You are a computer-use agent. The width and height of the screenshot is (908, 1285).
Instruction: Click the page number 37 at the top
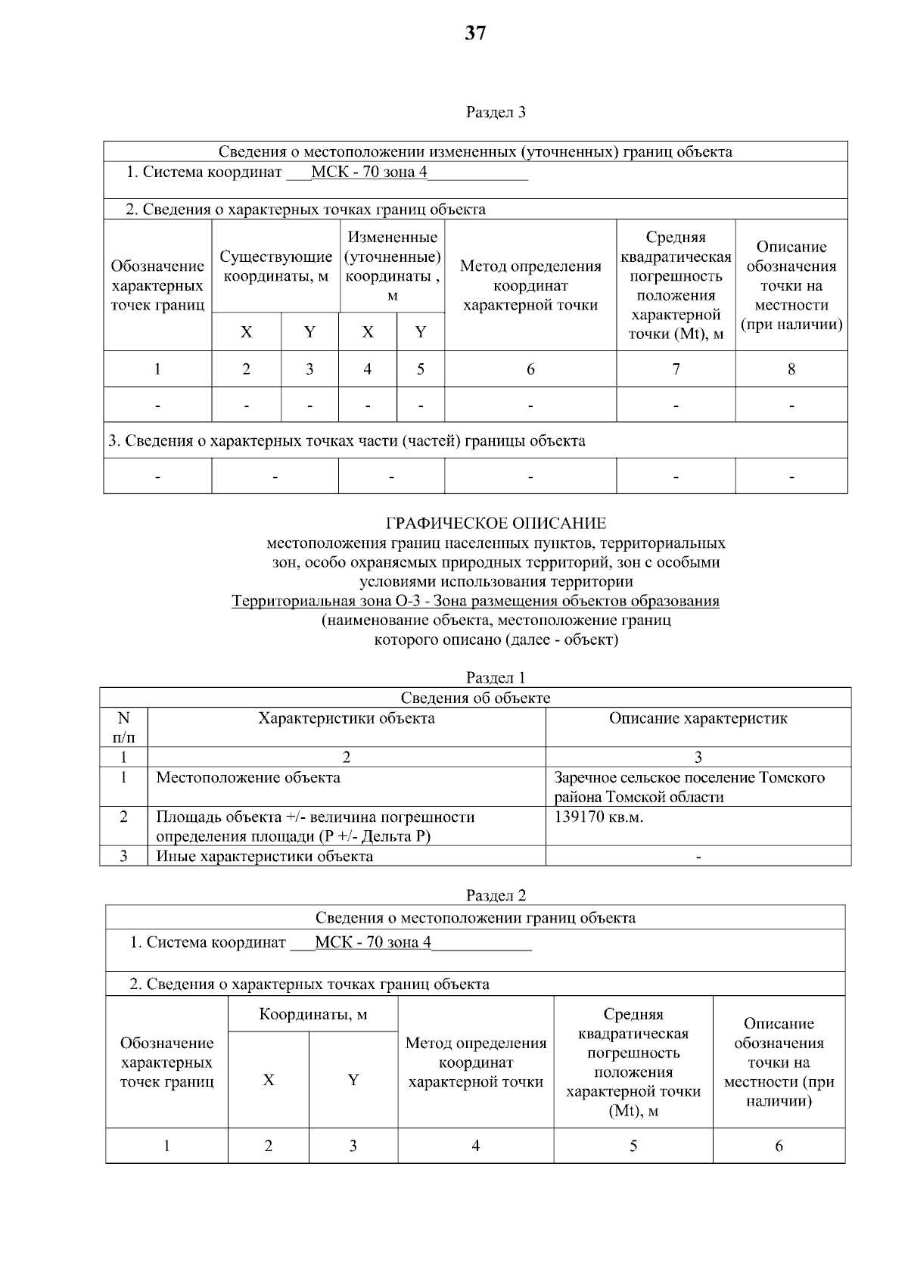point(475,33)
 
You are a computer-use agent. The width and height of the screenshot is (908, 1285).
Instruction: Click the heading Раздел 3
point(496,113)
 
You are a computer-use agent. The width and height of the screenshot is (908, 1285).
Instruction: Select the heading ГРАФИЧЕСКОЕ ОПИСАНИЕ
point(496,523)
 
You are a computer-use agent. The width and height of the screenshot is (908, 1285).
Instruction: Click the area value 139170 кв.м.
point(599,817)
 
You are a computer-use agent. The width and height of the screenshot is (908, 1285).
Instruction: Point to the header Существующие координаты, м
point(275,266)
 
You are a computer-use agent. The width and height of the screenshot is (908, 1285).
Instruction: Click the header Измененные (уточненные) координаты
point(392,266)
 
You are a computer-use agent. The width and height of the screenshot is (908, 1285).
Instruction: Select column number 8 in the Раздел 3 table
point(791,369)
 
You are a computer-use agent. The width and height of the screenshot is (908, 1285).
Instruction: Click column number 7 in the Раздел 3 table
point(676,369)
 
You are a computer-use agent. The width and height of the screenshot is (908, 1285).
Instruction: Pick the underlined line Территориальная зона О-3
point(475,601)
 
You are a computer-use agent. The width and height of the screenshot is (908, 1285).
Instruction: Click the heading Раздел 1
point(496,677)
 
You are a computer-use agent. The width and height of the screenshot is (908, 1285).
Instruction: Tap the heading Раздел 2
point(496,895)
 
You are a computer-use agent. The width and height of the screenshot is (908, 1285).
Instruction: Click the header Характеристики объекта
point(347,718)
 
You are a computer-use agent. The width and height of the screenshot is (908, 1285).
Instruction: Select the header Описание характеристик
point(698,718)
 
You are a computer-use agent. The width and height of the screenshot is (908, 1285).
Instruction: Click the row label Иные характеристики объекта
point(264,856)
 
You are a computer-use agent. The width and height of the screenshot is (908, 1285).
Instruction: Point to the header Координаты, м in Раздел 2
point(313,1014)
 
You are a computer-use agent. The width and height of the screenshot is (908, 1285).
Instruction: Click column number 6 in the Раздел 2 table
point(779,1146)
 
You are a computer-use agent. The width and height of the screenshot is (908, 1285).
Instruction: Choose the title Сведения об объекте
point(475,698)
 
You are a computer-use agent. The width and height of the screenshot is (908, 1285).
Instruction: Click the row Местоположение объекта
point(248,777)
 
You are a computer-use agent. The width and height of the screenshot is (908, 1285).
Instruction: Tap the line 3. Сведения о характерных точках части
point(347,440)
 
